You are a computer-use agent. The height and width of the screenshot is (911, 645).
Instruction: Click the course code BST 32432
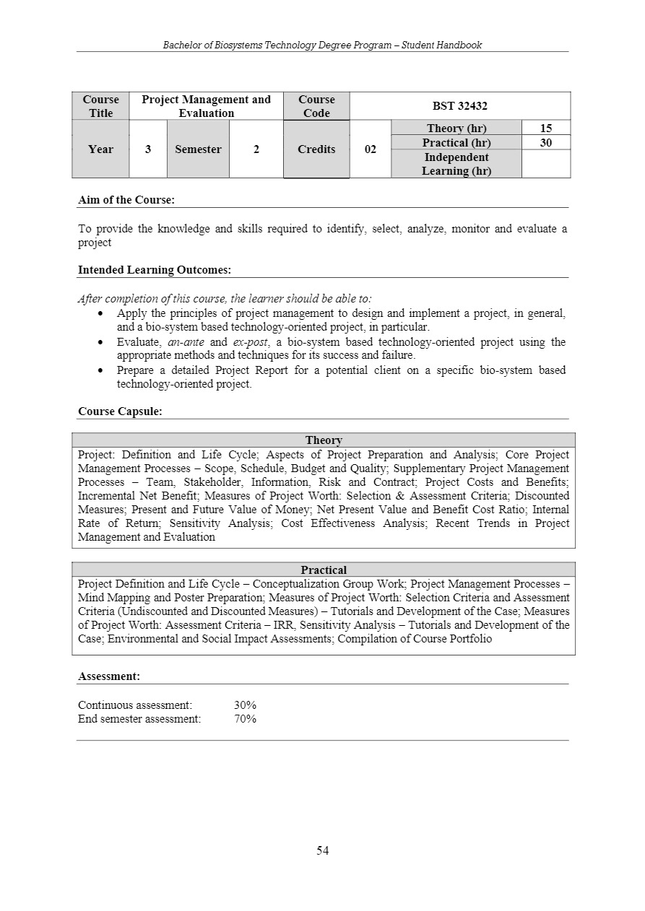[459, 106]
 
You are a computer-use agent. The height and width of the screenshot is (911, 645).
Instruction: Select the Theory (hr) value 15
[545, 128]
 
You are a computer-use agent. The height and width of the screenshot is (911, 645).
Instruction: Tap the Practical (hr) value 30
[545, 143]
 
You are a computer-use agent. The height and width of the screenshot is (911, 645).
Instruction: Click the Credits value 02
[370, 149]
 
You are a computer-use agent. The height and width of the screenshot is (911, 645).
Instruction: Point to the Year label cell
[100, 149]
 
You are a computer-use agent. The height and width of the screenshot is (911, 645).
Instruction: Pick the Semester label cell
[198, 149]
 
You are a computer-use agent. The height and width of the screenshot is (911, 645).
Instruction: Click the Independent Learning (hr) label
[456, 164]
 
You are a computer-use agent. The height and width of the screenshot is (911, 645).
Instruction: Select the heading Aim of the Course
[126, 199]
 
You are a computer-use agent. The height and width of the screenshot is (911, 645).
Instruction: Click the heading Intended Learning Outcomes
[154, 270]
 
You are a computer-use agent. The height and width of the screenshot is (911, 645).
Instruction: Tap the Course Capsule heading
[120, 411]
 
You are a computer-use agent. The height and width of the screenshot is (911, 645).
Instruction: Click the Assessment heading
[108, 676]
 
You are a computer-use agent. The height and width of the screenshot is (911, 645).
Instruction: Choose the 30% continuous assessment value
[245, 705]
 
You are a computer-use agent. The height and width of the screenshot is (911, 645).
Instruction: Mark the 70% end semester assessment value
[245, 719]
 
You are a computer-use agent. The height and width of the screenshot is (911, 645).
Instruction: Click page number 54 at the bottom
[322, 850]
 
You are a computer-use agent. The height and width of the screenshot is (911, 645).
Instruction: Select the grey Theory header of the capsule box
[324, 440]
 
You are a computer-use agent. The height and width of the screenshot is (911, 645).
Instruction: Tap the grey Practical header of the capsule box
[324, 570]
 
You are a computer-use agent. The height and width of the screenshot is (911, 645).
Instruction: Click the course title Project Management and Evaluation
[206, 106]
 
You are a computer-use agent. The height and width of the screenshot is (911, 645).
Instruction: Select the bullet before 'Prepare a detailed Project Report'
[102, 370]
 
